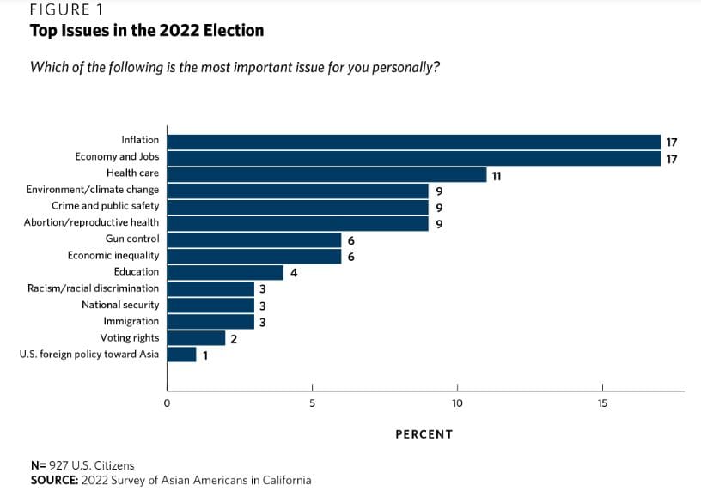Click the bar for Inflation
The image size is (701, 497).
(413, 142)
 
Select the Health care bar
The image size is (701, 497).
(326, 174)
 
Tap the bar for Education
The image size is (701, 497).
(225, 272)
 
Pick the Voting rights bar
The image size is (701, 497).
(196, 337)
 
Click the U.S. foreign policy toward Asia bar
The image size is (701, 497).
(181, 354)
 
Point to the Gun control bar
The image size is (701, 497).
(254, 239)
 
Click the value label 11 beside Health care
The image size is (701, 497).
(496, 175)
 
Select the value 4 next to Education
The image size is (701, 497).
(293, 273)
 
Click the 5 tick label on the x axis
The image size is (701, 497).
(312, 403)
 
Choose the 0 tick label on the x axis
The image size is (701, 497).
(167, 403)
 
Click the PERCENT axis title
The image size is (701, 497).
(424, 434)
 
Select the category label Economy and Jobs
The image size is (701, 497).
(117, 157)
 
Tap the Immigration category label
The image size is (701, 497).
(131, 321)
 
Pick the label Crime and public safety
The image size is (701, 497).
(106, 206)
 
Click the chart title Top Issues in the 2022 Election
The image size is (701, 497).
(147, 31)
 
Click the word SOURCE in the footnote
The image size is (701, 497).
(53, 481)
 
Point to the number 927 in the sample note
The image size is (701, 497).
(57, 465)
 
